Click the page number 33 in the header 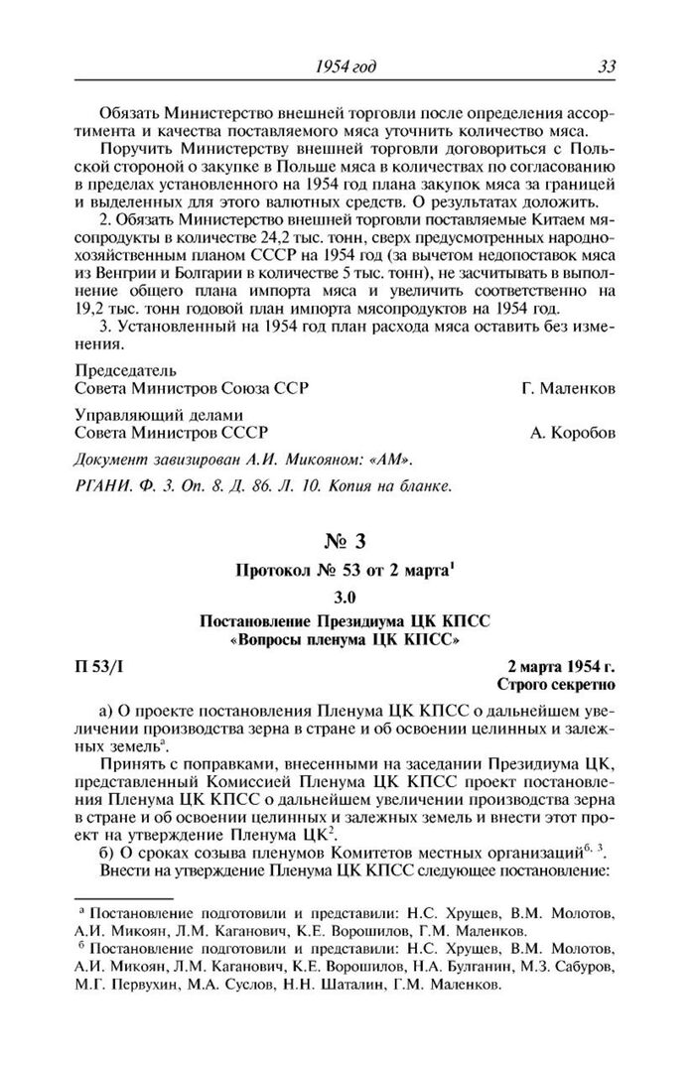(607, 67)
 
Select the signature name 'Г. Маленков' (567, 388)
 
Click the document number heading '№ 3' (347, 543)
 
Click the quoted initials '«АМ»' (390, 462)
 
